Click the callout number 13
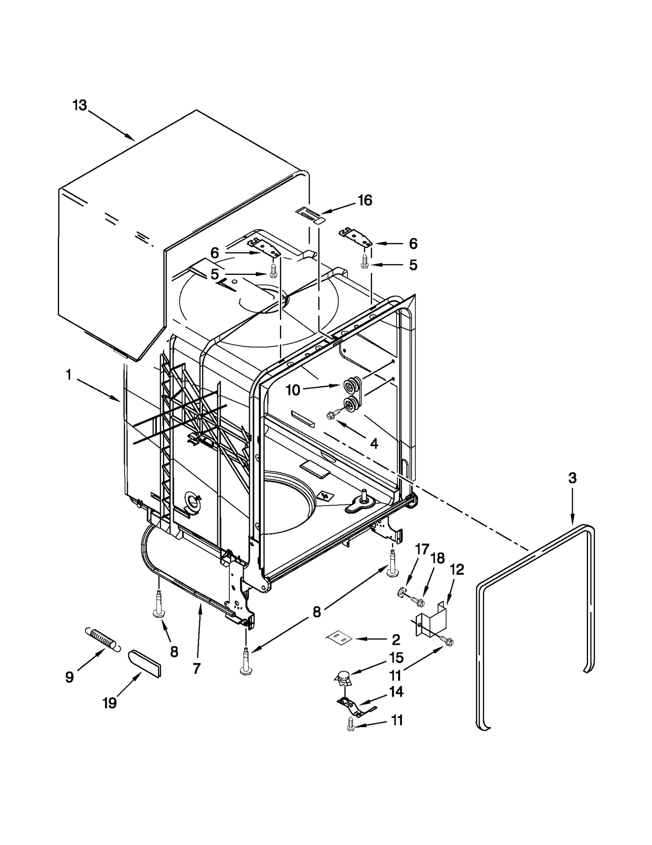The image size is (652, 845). (80, 105)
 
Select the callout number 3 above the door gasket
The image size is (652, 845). (573, 478)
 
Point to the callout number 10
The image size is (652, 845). (293, 390)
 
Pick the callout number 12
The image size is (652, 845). (457, 569)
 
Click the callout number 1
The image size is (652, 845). (68, 374)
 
